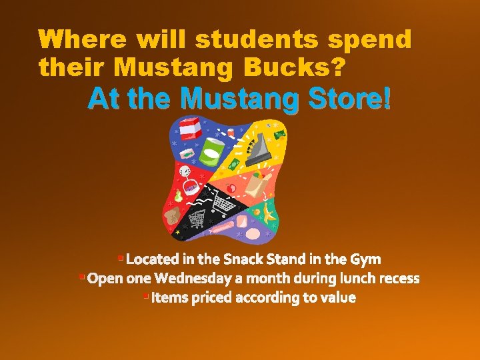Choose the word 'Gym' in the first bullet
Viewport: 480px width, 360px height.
(367, 259)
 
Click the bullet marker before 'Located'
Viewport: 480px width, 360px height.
(120, 257)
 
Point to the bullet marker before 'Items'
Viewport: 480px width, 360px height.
(145, 295)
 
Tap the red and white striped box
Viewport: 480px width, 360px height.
(189, 129)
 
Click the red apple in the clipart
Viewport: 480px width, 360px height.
(232, 189)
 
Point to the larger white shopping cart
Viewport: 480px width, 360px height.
(224, 203)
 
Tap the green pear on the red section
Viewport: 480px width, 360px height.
(178, 196)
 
